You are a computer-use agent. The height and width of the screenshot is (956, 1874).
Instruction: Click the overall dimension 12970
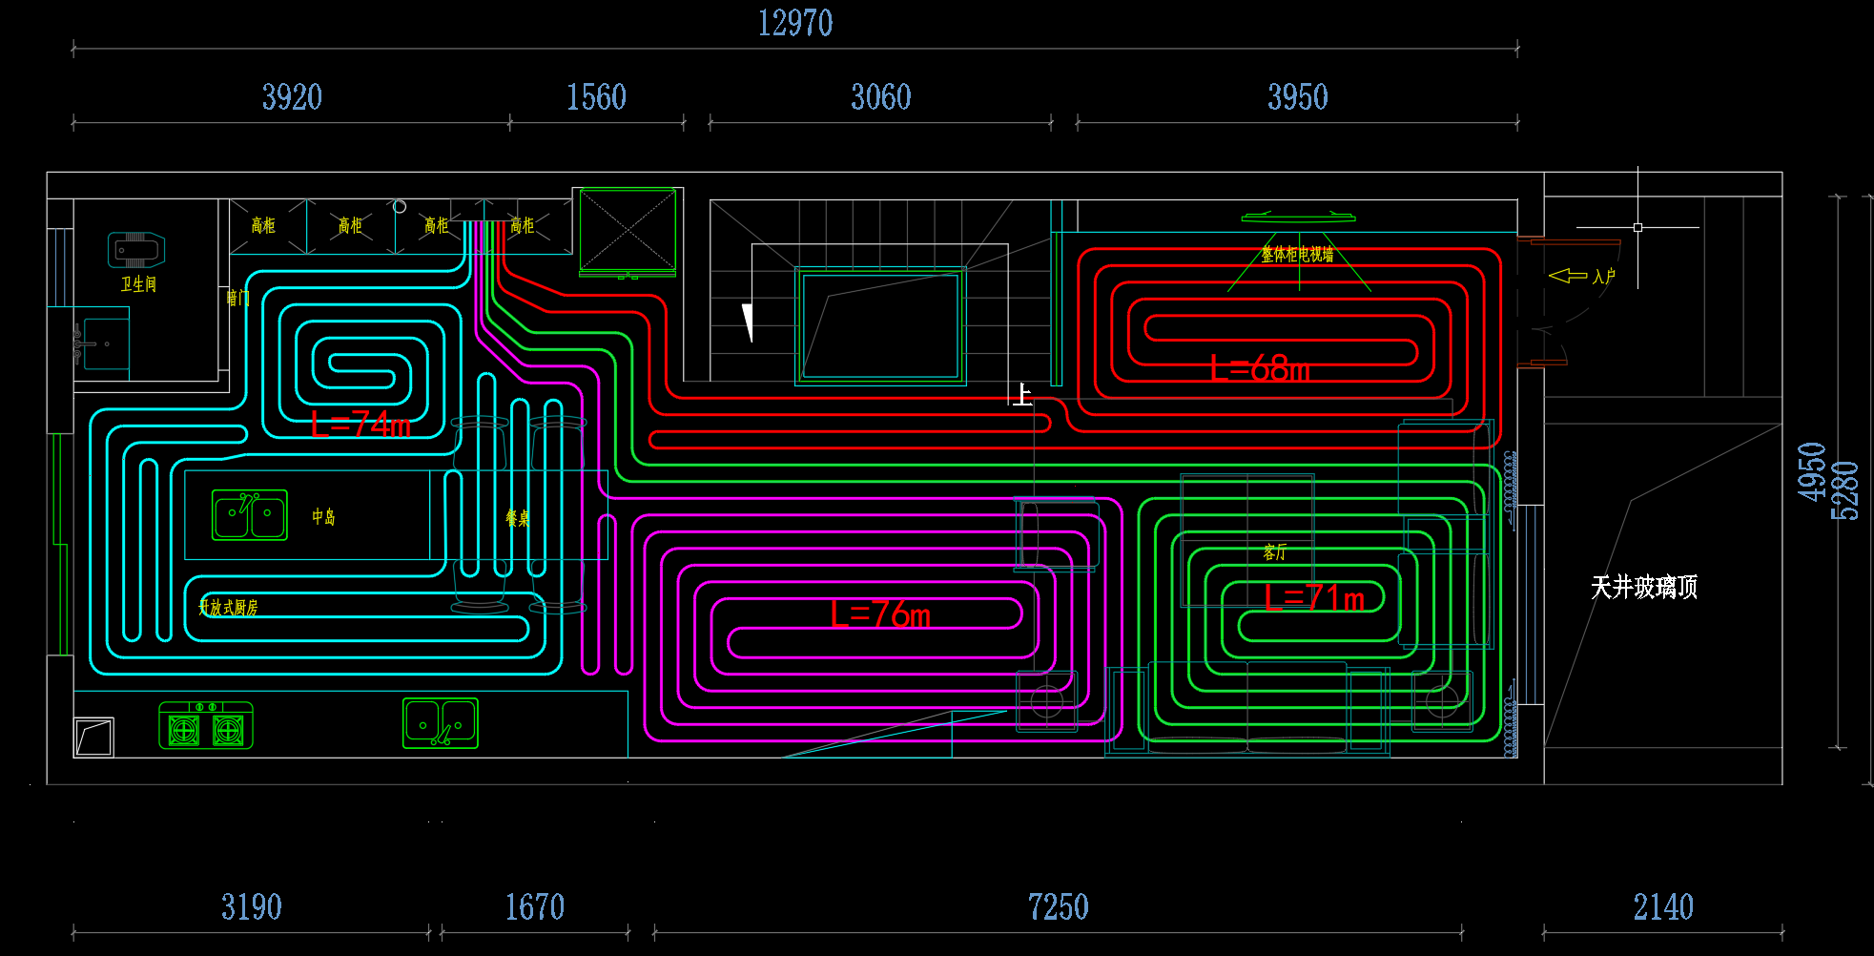click(x=795, y=23)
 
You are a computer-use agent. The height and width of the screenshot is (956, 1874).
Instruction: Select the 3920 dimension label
click(x=292, y=97)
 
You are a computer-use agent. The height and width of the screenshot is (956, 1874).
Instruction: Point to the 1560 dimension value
click(x=596, y=97)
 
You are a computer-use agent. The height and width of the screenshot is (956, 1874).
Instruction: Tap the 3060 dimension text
click(x=880, y=97)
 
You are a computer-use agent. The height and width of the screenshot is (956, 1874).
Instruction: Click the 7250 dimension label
click(x=1058, y=906)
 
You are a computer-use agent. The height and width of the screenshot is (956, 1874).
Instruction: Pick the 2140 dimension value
click(x=1663, y=906)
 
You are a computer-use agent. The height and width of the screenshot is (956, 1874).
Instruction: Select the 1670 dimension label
click(x=534, y=906)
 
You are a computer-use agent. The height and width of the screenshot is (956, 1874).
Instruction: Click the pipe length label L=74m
click(x=360, y=425)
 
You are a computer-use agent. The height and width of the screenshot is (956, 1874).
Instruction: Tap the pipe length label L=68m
click(x=1259, y=368)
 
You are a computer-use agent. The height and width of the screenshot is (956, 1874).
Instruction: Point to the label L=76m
click(x=879, y=615)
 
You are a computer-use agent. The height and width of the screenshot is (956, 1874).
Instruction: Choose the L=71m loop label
click(x=1314, y=598)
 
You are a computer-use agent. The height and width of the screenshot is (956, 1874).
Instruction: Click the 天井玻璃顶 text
click(x=1644, y=587)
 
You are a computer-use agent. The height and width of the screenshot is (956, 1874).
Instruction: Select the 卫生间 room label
click(x=138, y=284)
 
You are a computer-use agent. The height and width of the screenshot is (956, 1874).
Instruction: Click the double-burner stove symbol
click(x=205, y=726)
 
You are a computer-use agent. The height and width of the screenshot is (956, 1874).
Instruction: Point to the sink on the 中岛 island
click(x=249, y=515)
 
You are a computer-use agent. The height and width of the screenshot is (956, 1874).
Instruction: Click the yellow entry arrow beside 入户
click(x=1567, y=276)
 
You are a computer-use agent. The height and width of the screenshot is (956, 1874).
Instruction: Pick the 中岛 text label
click(x=323, y=517)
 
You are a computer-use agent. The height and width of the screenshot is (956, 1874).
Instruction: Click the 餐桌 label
click(x=517, y=518)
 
